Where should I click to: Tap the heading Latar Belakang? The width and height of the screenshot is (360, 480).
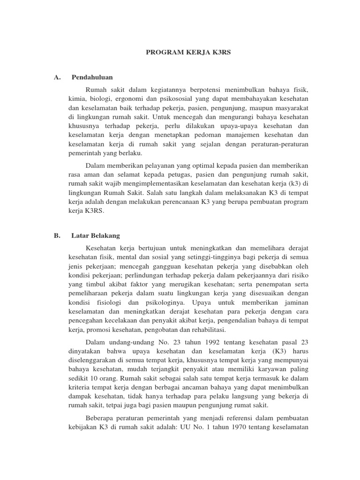96,236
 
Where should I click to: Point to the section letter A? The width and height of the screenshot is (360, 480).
57,77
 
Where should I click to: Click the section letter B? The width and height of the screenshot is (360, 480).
57,236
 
